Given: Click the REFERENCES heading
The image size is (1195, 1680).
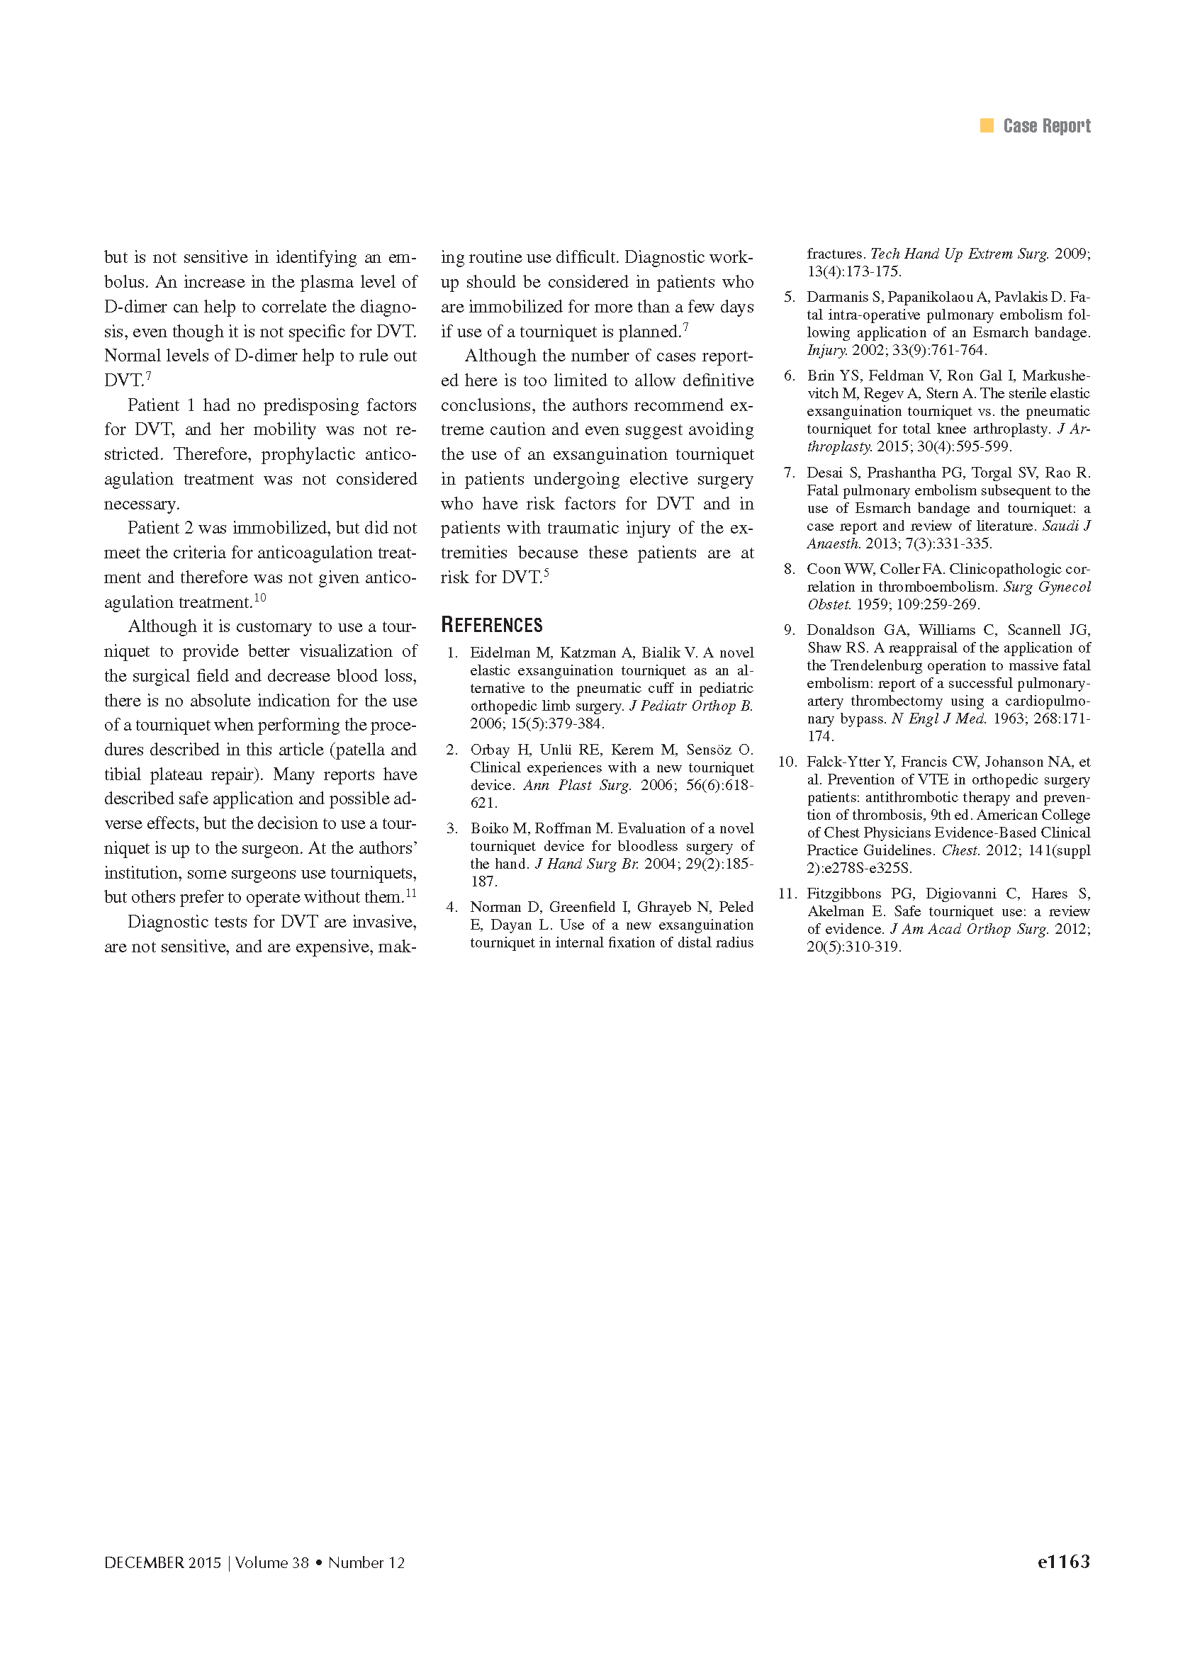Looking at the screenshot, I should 492,625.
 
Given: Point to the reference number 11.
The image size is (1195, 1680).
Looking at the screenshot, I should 787,893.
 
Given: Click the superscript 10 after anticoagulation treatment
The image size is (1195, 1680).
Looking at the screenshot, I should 259,597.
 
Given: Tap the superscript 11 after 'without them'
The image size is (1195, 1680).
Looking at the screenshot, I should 410,893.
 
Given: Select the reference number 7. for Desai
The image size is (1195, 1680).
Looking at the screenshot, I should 789,473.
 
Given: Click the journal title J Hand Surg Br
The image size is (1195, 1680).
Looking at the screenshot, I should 585,864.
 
